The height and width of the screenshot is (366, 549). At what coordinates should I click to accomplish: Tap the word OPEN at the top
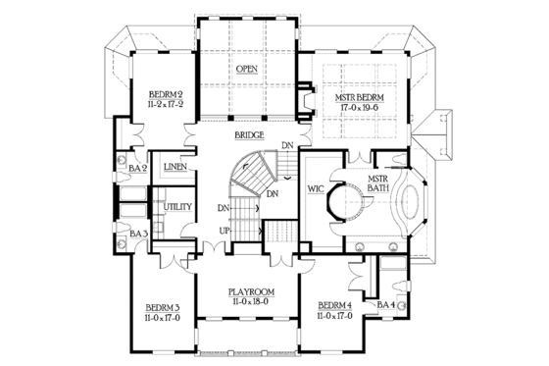click(246, 70)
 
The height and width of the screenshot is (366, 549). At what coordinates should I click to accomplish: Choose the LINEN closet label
click(175, 168)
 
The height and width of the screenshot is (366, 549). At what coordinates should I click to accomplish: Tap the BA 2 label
click(137, 169)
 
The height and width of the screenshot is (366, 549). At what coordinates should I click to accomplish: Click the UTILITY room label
click(177, 207)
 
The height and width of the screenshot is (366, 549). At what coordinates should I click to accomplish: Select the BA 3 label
click(137, 234)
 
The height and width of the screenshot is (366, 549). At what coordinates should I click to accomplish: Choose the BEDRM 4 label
click(335, 306)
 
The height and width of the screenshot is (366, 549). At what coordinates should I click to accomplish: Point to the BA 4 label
click(385, 305)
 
